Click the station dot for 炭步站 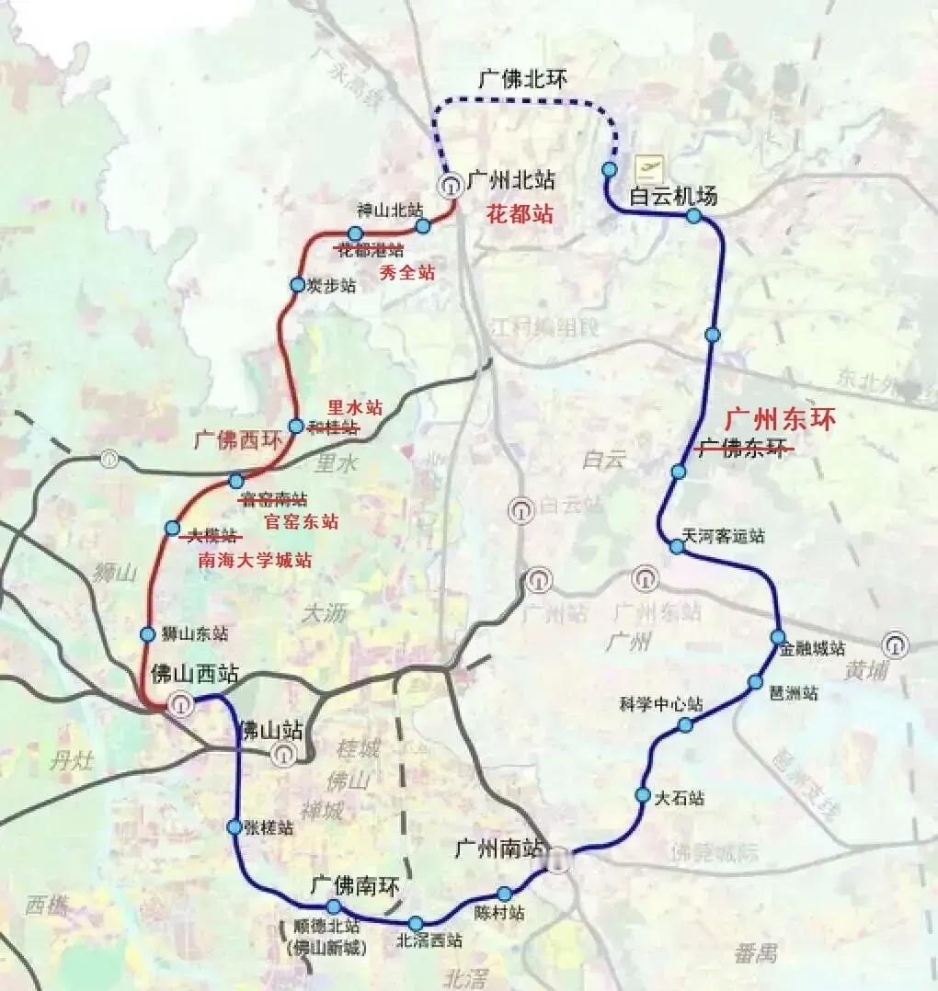tap(297, 285)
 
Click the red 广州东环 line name tap(781, 419)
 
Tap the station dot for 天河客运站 tap(676, 547)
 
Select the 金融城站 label tap(812, 649)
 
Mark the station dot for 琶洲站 tap(755, 682)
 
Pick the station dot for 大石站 tap(643, 794)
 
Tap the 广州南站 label tap(498, 849)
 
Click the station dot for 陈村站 tap(504, 894)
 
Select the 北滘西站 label tap(429, 940)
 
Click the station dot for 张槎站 tap(235, 827)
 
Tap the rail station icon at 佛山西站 tap(180, 705)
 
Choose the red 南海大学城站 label tap(255, 560)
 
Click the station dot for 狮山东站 tap(147, 634)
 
